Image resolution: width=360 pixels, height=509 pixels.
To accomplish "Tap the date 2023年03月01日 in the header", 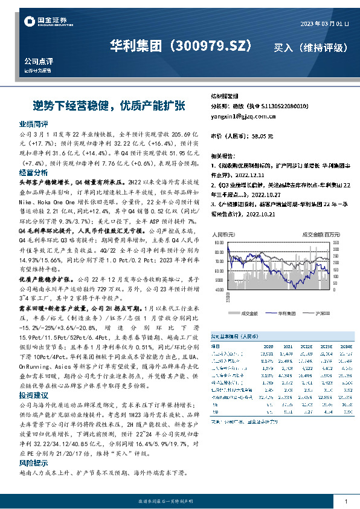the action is coord(324,24).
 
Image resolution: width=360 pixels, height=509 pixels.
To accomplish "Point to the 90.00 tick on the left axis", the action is coord(217,244).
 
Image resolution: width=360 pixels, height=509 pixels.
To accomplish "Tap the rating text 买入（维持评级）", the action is coord(310,47).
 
